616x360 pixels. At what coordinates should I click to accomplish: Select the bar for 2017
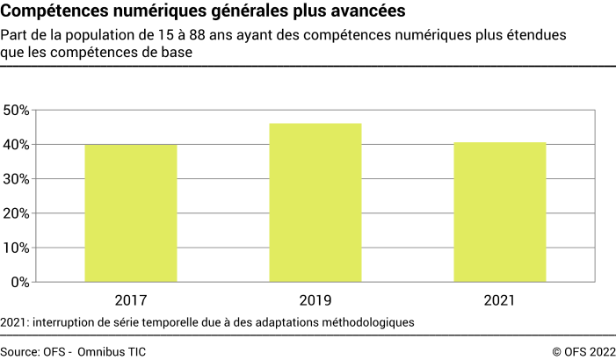pyautogui.click(x=131, y=213)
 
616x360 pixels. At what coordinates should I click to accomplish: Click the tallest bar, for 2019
pyautogui.click(x=315, y=203)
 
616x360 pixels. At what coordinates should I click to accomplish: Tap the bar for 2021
pyautogui.click(x=499, y=212)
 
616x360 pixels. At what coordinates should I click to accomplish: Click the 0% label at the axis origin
pyautogui.click(x=20, y=282)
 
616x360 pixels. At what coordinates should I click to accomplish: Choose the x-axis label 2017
pyautogui.click(x=131, y=300)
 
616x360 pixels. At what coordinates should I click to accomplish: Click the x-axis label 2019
pyautogui.click(x=315, y=300)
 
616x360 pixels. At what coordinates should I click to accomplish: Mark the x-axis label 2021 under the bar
pyautogui.click(x=499, y=300)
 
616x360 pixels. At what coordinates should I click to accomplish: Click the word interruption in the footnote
pyautogui.click(x=69, y=322)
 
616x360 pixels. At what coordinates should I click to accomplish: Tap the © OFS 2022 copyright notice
pyautogui.click(x=583, y=350)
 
